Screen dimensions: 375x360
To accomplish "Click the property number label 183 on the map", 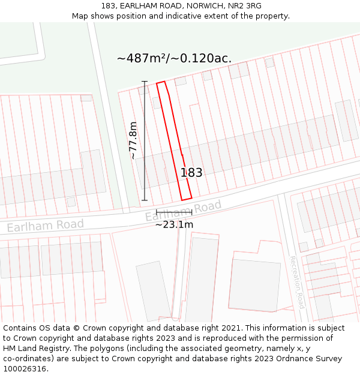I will point(191,173).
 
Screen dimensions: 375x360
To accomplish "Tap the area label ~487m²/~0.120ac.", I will point(174,58).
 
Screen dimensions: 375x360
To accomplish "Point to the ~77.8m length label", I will point(133,140).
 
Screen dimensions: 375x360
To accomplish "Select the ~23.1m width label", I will point(174,224).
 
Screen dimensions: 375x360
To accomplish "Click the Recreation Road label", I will point(297,282).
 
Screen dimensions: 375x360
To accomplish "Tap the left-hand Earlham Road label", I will point(46,225).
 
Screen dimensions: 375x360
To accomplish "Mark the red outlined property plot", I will point(174,142).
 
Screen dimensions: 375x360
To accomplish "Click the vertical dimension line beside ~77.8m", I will point(144,140).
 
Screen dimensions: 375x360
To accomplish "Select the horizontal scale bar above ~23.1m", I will point(174,212).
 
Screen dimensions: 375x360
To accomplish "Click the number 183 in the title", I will point(109,6).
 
